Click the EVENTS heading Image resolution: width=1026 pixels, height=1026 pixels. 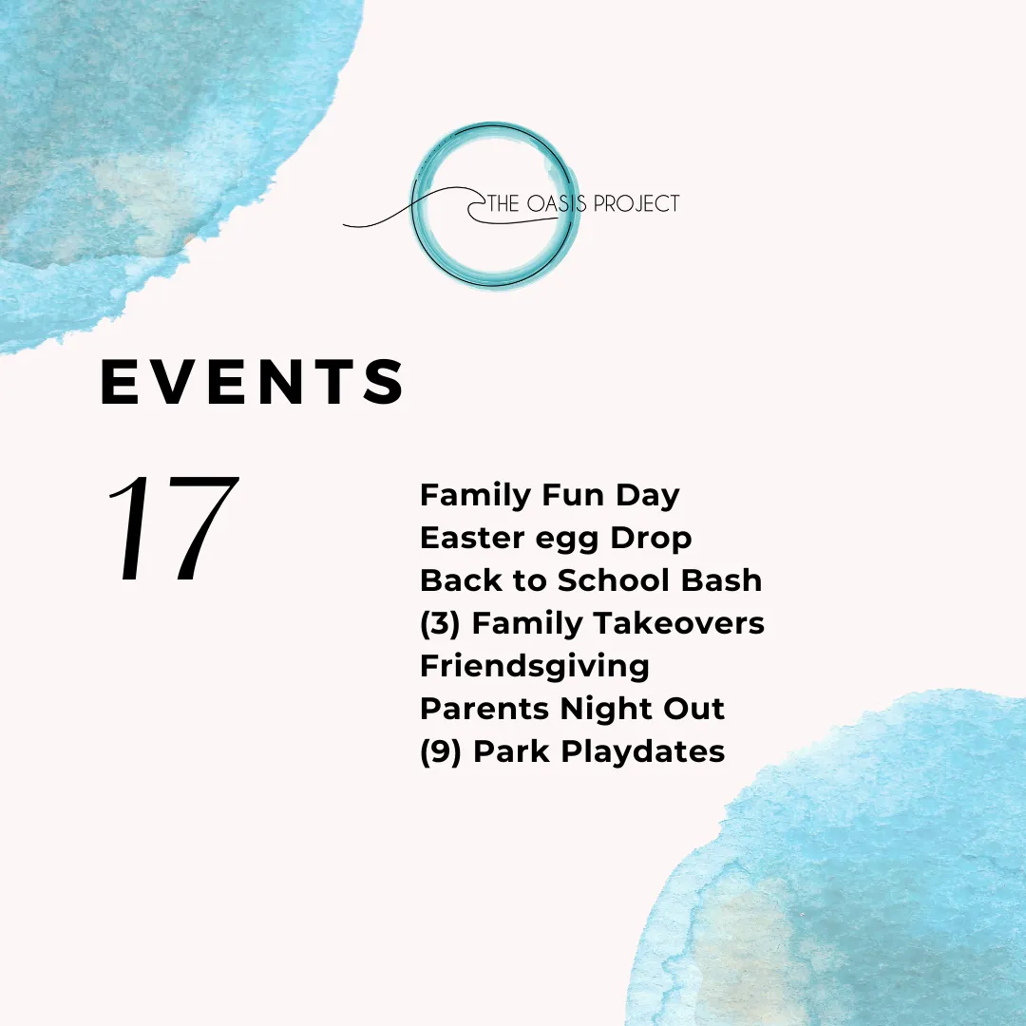click(253, 382)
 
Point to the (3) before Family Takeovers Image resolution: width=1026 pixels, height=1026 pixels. click(441, 623)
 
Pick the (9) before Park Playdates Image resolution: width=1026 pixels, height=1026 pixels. click(441, 751)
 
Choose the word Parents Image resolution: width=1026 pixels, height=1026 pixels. click(484, 709)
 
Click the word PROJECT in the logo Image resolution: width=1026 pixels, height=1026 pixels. click(636, 203)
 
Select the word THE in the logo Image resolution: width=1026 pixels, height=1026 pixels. click(503, 203)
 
